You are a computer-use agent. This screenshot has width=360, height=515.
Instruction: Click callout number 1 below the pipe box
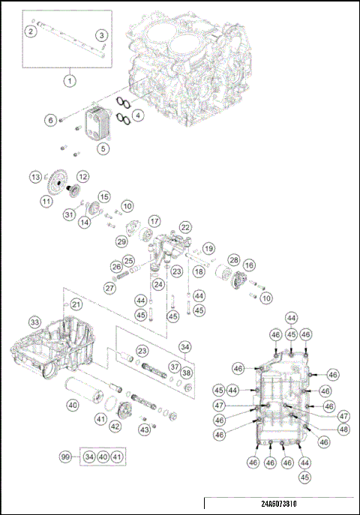(x=70, y=80)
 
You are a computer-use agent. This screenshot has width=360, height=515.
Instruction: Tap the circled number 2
(x=31, y=31)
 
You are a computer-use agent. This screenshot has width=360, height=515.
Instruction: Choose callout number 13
(x=35, y=177)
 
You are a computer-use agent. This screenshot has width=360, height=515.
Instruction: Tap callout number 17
(x=154, y=222)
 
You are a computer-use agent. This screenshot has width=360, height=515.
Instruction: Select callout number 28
(x=233, y=260)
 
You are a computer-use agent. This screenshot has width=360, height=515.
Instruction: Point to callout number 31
(x=69, y=214)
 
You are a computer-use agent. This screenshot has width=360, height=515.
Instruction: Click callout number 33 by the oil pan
(x=34, y=322)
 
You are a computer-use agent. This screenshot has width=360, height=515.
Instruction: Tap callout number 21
(x=76, y=304)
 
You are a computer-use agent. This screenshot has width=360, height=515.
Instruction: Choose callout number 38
(x=187, y=373)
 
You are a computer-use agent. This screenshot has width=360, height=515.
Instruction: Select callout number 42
(x=115, y=426)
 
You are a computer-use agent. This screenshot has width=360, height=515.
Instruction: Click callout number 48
(x=343, y=430)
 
